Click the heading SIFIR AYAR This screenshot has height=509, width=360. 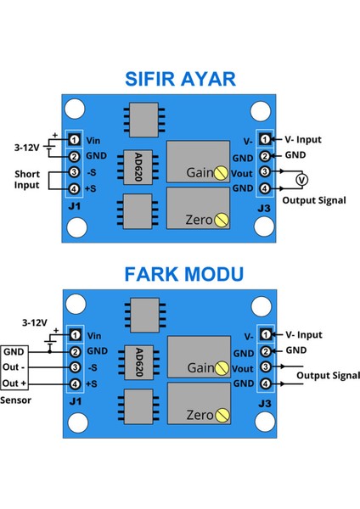(179, 81)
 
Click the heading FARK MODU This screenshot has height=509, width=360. (179, 274)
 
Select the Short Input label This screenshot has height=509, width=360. (28, 180)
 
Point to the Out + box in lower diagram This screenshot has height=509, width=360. (15, 383)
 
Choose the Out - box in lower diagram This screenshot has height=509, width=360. (15, 366)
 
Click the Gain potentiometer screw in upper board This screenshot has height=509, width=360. (221, 172)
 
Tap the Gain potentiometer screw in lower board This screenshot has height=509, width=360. (221, 367)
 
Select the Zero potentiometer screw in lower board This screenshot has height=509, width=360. (221, 416)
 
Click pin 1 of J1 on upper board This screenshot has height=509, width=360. (75, 139)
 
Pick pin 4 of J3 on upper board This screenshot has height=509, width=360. (265, 188)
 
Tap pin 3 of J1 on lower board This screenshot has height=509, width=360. (75, 366)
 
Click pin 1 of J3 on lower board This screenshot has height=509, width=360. (265, 334)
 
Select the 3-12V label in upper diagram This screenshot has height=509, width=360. (25, 146)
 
